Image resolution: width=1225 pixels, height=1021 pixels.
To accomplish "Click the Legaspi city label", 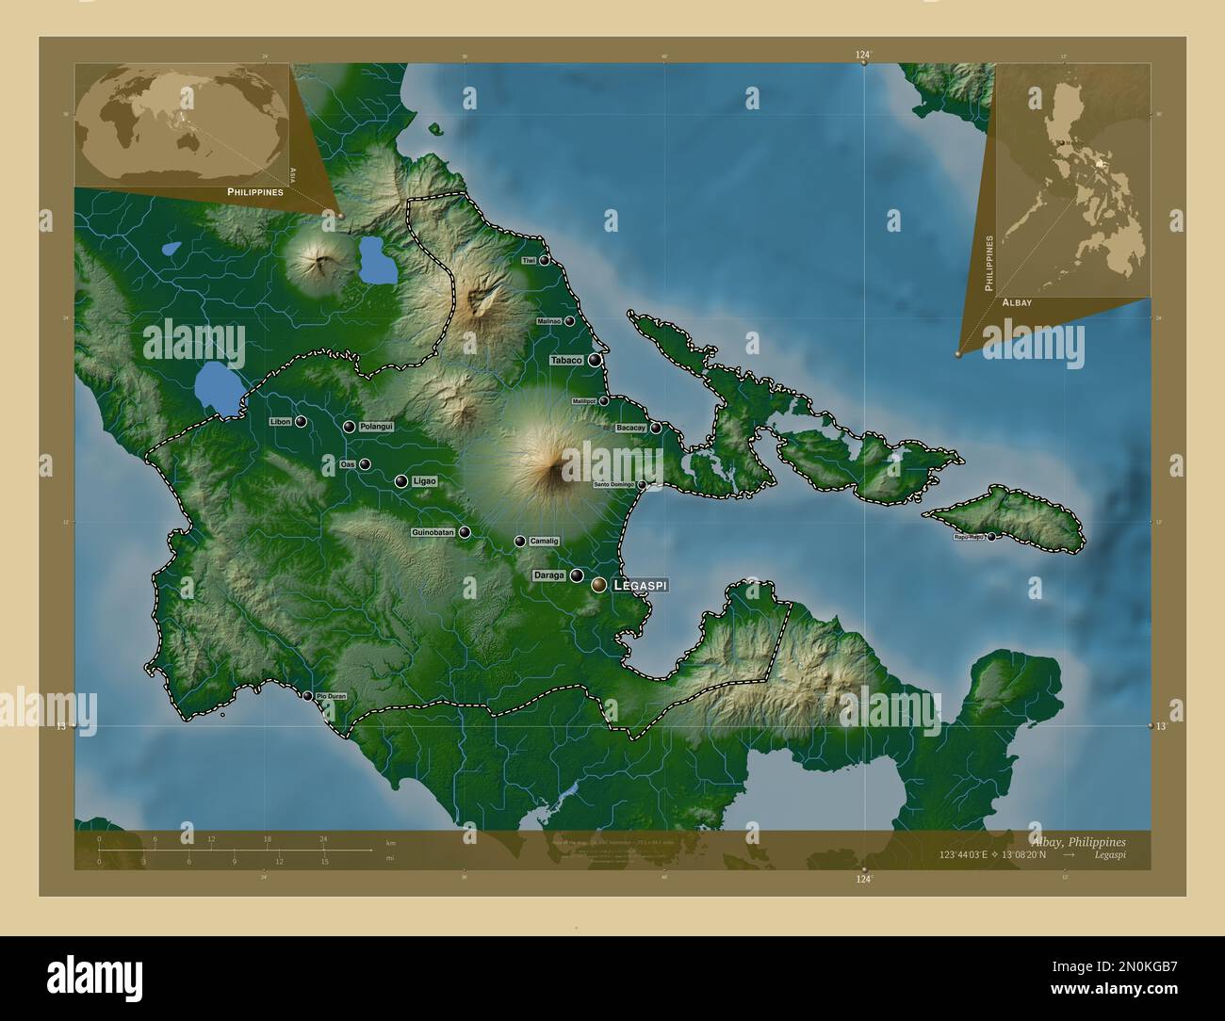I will coord(640,585).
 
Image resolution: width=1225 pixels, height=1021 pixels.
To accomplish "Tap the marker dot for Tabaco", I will coord(595,360).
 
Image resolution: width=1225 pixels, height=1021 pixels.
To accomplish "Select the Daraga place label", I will coord(548,575).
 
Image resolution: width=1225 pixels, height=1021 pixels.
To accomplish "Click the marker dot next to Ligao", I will coord(401,481).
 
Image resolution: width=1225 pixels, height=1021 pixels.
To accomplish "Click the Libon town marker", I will coord(301,422).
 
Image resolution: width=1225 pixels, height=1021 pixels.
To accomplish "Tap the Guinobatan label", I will coord(433,532).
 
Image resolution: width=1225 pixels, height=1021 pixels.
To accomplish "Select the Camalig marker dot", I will coord(520,542).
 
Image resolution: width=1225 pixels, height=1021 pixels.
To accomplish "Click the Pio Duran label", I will coord(337,696).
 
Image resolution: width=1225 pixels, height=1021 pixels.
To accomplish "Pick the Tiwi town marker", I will coord(545,260).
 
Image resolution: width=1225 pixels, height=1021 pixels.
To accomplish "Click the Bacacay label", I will coord(630,429).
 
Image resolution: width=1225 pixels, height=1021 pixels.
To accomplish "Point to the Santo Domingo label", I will coord(614,485).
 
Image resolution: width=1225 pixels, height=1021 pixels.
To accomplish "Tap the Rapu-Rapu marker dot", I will coord(991,537).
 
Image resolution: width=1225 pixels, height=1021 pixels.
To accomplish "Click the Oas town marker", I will coord(365,463).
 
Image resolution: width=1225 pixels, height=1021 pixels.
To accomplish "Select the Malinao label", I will coord(548,321).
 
